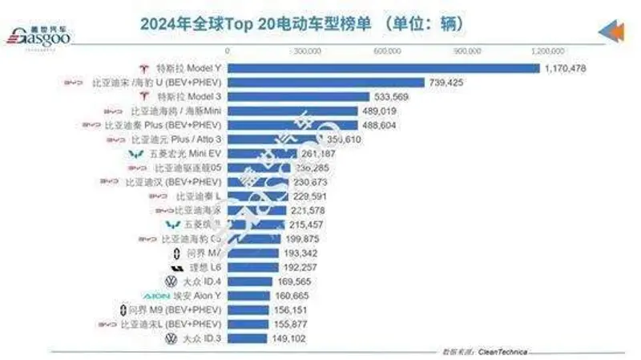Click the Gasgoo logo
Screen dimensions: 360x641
click(37, 32)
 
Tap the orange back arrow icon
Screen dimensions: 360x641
click(611, 32)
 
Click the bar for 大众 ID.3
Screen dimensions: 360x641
click(246, 338)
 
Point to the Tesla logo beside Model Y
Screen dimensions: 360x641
click(146, 68)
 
